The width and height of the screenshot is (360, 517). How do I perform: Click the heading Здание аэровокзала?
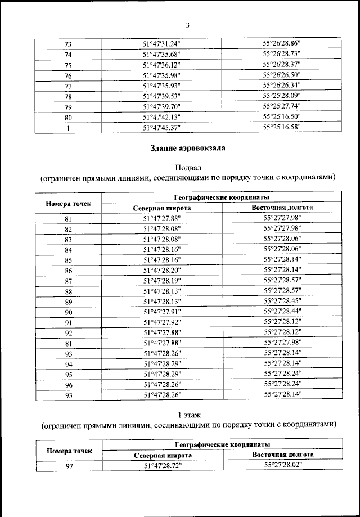coord(188,149)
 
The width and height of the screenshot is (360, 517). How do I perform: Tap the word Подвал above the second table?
coord(188,167)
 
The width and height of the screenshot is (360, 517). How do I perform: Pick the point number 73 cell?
coord(68,44)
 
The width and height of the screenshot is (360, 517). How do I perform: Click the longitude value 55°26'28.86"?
coord(282,43)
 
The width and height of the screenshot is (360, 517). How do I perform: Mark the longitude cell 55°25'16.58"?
coord(282,127)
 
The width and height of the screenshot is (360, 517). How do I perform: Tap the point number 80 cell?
coord(68,118)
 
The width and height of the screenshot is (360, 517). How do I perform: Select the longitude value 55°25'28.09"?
coord(282,96)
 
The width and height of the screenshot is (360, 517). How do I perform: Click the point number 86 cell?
coord(68,271)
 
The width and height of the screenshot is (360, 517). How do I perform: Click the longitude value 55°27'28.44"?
coord(282,311)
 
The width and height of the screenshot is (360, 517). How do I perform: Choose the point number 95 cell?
coord(68,374)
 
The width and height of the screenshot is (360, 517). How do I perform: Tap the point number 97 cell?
coord(68,466)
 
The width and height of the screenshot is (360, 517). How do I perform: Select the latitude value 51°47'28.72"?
coord(163,466)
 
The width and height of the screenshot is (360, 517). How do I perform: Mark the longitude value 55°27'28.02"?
coord(283,465)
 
